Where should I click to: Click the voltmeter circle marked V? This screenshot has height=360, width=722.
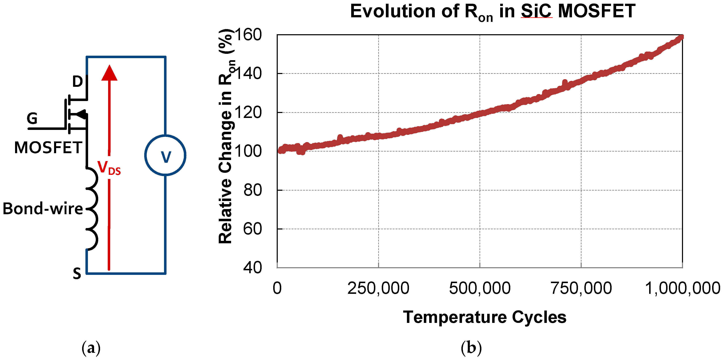[x=165, y=155]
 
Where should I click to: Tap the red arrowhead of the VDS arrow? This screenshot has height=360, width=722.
[x=109, y=73]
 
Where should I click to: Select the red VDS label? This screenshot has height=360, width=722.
[x=109, y=168]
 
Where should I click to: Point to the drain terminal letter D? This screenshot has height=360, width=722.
[x=78, y=81]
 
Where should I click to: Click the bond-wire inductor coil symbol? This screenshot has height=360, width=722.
[x=92, y=209]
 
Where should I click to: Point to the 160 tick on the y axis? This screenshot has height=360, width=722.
[x=248, y=35]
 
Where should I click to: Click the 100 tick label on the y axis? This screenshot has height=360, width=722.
[x=248, y=152]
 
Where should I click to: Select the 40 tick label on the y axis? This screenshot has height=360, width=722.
[x=252, y=268]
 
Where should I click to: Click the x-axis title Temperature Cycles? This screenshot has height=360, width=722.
[x=485, y=317]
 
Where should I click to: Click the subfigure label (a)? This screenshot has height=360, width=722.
[x=91, y=348]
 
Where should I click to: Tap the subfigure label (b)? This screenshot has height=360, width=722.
[x=471, y=348]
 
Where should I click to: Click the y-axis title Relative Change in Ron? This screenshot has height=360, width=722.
[x=226, y=136]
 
